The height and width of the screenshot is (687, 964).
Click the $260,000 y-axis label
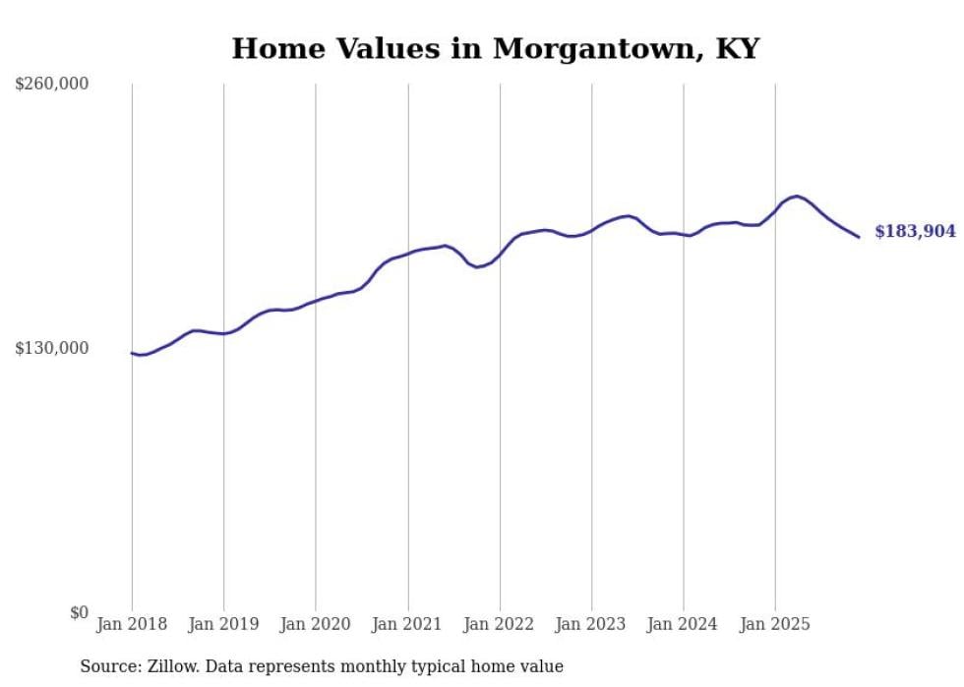pos(52,85)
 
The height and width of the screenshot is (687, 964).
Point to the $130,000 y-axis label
pos(52,348)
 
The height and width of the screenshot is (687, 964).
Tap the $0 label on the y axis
pos(79,612)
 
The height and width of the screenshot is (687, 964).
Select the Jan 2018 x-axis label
pos(132,624)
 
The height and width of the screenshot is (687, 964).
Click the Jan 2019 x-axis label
pos(223,624)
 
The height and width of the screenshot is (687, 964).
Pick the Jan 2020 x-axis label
pos(316,624)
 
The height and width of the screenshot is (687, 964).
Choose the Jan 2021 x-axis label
pos(407,624)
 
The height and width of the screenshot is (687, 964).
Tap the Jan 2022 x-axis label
pos(500,624)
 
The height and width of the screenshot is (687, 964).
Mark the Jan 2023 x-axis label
pos(591,624)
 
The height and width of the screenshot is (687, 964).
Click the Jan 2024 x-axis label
pos(684,624)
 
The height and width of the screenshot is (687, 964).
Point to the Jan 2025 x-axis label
pos(775,624)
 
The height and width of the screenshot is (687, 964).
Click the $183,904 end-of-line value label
pos(915,232)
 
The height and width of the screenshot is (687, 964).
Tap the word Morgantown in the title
pos(591,48)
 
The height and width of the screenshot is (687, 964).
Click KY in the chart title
pos(737,48)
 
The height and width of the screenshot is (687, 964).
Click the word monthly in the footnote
pos(387,666)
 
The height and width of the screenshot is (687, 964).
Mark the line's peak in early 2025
pos(796,197)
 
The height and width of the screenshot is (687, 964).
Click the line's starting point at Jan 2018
pos(132,353)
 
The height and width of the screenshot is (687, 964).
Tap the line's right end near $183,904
pos(859,237)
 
